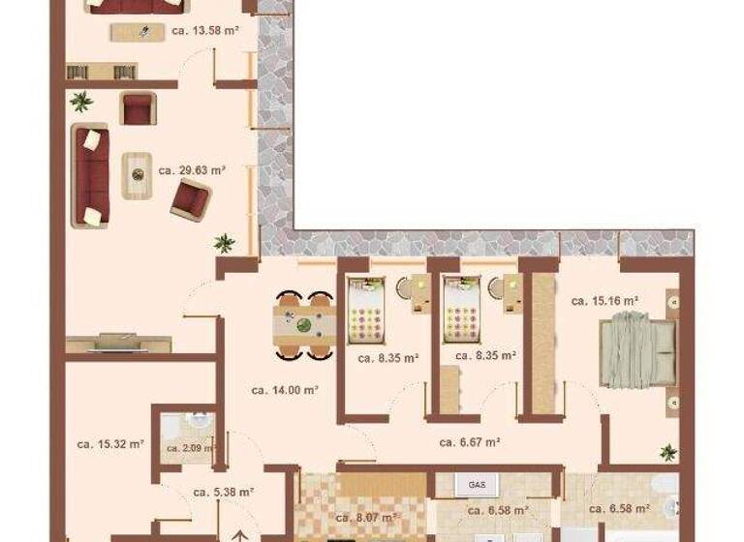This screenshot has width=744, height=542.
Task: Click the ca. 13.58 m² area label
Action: pos(205,30)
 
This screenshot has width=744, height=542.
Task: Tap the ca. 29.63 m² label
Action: pos(192,169)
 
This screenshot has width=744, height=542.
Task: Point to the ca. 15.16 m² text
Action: pos(604,301)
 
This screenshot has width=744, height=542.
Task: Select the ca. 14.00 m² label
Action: pos(286,390)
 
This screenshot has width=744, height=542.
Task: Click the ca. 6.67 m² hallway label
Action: pos(469,442)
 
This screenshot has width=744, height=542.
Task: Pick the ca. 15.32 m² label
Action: pos(110,444)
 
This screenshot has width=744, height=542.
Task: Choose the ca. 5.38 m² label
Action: pos(223,492)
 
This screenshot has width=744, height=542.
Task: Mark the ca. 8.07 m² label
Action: pos(366,516)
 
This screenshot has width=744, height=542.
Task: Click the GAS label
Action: pos(477,483)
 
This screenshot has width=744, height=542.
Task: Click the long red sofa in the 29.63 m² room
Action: pos(89,175)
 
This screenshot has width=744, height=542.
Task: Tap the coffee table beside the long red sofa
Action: pos(138,174)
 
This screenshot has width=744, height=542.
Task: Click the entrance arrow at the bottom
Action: pos(240,533)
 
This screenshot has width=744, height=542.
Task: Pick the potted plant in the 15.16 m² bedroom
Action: pos(667,452)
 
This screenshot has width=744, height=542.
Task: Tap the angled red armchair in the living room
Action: pos(190,199)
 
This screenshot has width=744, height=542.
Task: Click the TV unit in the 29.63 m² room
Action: pos(118,343)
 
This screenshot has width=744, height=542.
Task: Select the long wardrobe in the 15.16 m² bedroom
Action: pos(543,344)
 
